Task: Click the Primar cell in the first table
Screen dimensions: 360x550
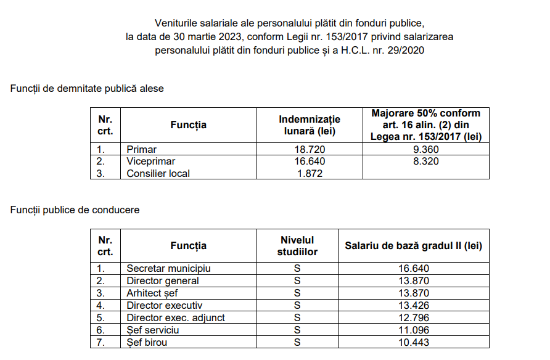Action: (x=141, y=149)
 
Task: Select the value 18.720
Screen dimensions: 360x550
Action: (x=310, y=149)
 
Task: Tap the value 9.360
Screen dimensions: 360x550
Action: (x=425, y=149)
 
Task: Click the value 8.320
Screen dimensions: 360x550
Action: (x=425, y=162)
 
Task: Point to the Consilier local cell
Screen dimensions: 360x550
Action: (x=158, y=173)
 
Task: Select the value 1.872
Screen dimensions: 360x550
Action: (x=310, y=173)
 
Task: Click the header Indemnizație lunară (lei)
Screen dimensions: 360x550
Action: (x=310, y=125)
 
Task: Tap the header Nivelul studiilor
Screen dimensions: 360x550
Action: (x=297, y=246)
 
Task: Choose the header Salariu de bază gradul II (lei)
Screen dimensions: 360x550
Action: (x=413, y=246)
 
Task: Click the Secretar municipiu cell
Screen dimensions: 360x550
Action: (x=168, y=269)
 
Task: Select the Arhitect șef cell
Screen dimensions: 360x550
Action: (x=152, y=293)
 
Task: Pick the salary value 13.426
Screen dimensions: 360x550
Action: (x=413, y=306)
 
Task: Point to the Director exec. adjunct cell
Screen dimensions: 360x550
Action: (x=176, y=318)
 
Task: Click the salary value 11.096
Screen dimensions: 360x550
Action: (x=413, y=330)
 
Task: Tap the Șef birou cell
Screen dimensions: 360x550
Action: (x=147, y=343)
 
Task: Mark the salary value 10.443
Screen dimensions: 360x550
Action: (x=413, y=343)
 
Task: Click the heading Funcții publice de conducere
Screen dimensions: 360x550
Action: (x=75, y=210)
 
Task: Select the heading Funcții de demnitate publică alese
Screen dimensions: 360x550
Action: (x=87, y=89)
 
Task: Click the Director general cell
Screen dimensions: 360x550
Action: (x=163, y=281)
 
